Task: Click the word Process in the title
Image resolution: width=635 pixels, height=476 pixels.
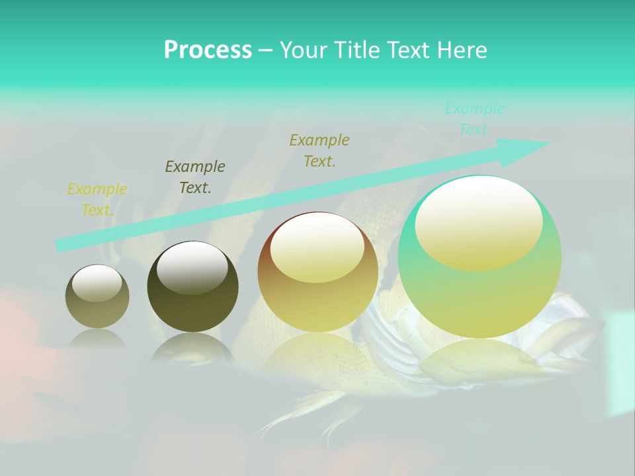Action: point(208,50)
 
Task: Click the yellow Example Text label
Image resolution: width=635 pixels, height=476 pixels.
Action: point(97,200)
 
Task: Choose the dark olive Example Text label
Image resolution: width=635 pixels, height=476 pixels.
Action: point(194,177)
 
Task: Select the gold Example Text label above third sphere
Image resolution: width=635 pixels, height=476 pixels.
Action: point(319,151)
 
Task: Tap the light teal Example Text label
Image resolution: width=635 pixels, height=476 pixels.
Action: point(474,119)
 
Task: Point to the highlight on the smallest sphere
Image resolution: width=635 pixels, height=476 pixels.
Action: point(97,284)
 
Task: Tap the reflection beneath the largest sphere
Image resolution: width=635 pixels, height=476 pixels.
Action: point(480,360)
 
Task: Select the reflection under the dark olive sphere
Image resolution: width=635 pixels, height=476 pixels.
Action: point(192,348)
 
